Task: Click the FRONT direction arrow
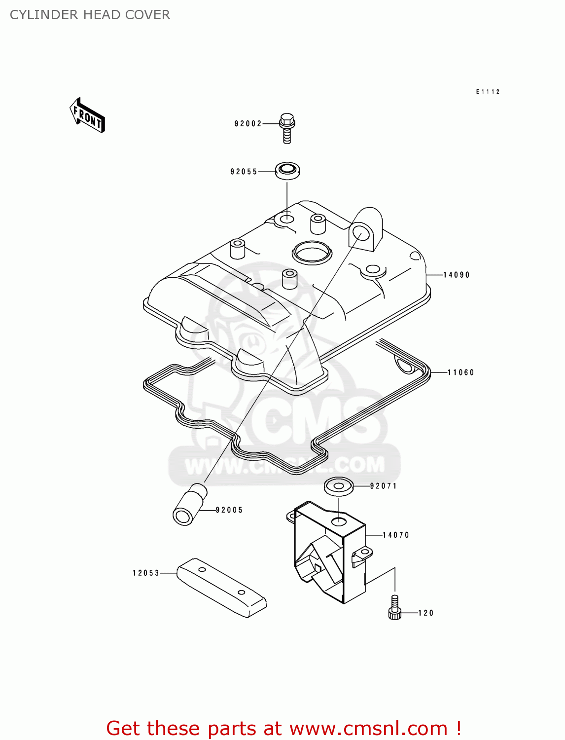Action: pos(88,115)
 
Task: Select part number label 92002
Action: pos(248,124)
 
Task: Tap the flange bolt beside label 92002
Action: pos(287,127)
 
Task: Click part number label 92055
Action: pos(244,172)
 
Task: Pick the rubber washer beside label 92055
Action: pos(287,171)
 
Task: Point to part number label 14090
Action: pos(457,275)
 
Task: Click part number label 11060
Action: pos(461,372)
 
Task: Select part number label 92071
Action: pos(384,486)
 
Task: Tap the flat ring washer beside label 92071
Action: pos(339,486)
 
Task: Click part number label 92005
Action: pos(230,510)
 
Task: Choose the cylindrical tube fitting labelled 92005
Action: pos(190,504)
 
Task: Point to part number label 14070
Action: pos(396,535)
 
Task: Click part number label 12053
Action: pos(146,573)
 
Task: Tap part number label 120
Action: pos(426,613)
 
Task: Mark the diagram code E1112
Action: pos(488,92)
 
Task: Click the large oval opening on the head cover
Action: pos(312,252)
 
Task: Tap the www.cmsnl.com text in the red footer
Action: pos(368,728)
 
